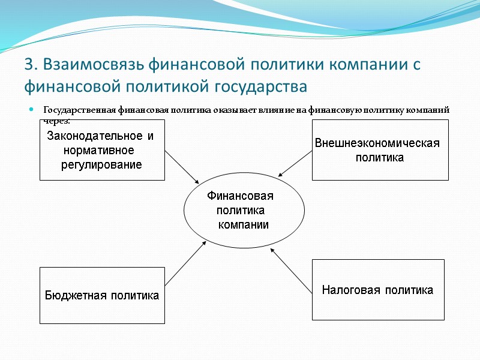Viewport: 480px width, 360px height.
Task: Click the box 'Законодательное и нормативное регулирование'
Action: click(102, 150)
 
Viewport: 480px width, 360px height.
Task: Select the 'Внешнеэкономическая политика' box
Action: click(380, 150)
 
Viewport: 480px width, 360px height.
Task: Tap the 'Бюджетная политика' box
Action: click(102, 295)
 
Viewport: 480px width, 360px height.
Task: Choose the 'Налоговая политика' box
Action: click(378, 290)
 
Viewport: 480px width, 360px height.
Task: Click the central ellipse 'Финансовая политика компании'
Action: click(240, 211)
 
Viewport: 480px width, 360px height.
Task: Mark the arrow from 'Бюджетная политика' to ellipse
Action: click(185, 263)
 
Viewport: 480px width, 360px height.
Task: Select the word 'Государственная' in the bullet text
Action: click(79, 110)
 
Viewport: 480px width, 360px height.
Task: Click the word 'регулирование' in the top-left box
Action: click(101, 164)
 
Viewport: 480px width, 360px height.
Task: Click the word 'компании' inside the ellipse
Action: click(243, 225)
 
